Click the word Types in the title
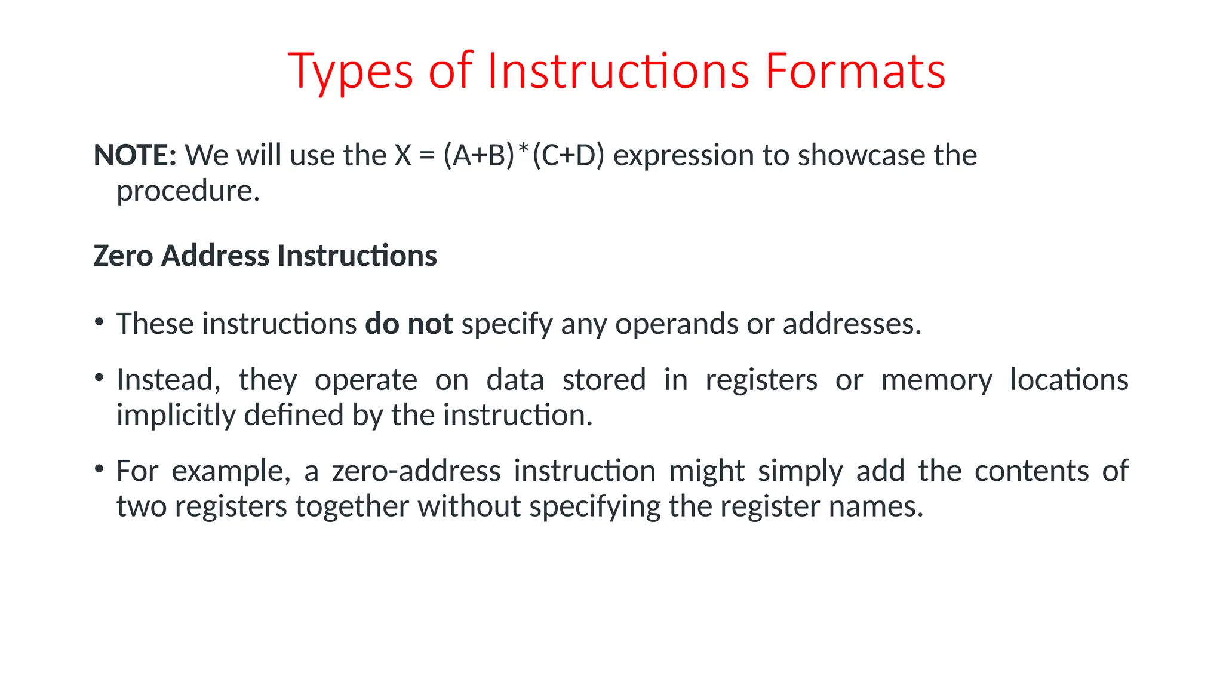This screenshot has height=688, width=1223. click(x=351, y=72)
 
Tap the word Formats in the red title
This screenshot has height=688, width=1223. click(x=855, y=72)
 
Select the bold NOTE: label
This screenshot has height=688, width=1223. click(x=135, y=155)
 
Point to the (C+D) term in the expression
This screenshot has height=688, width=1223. click(x=568, y=155)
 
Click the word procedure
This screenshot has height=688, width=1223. click(x=188, y=191)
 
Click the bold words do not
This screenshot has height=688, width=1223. click(x=409, y=324)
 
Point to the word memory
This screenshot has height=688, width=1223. click(x=936, y=380)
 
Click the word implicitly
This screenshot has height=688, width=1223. click(x=176, y=415)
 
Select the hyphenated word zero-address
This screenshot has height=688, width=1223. click(x=416, y=471)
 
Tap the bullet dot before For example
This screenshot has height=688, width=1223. click(x=99, y=469)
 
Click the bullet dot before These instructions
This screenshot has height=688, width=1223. click(x=99, y=322)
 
